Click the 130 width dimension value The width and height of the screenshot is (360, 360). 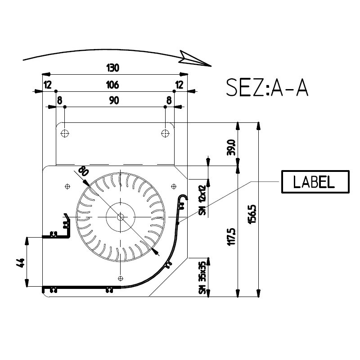point(113,68)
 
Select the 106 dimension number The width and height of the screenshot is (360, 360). point(112,85)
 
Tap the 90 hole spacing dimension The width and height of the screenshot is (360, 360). point(114,100)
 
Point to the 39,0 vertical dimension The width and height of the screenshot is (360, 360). point(231,148)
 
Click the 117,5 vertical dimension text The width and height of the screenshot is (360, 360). point(231,237)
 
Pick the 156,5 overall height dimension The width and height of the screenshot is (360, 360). point(252,214)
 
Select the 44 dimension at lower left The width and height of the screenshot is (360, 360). point(20,263)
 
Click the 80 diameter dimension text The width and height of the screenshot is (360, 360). point(83,171)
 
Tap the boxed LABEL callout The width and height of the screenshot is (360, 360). point(315,182)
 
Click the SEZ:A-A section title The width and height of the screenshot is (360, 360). point(267,87)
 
